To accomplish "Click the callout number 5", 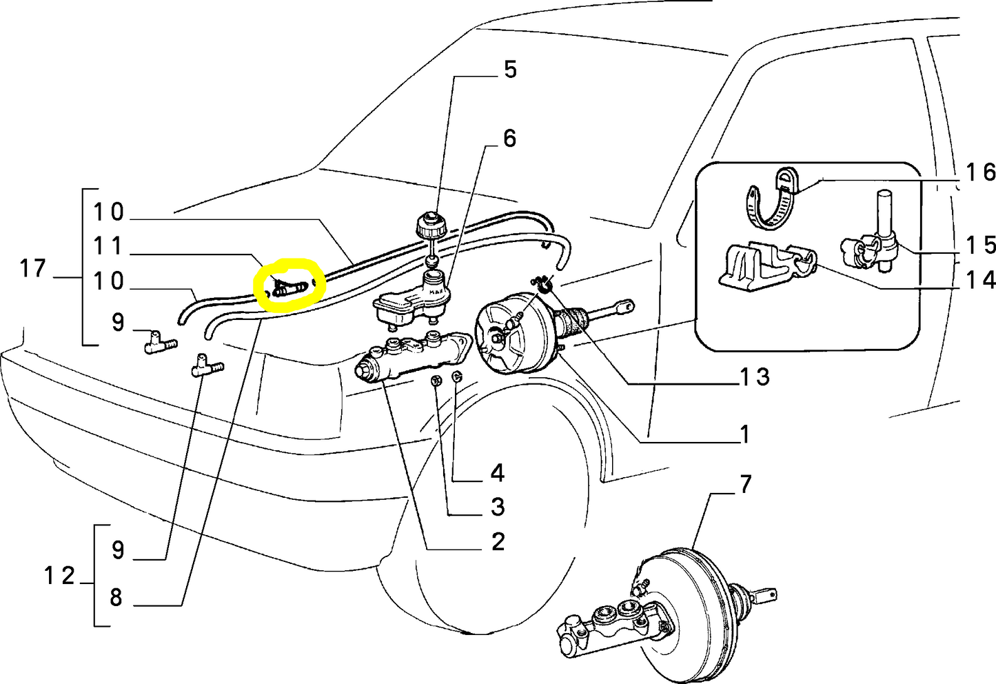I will tap(510, 70).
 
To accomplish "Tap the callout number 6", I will tap(509, 139).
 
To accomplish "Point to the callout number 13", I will tap(754, 377).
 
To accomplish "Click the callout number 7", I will tap(745, 484).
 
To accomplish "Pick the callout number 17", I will tap(32, 268).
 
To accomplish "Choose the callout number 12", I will tap(60, 575).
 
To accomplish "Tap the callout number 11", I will tap(108, 246).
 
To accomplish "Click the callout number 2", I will tap(498, 542).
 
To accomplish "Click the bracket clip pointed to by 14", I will tap(765, 265).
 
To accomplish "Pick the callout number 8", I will tap(116, 597).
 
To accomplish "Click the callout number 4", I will tap(498, 474).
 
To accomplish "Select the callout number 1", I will tap(744, 434).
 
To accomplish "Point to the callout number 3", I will tap(498, 507).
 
